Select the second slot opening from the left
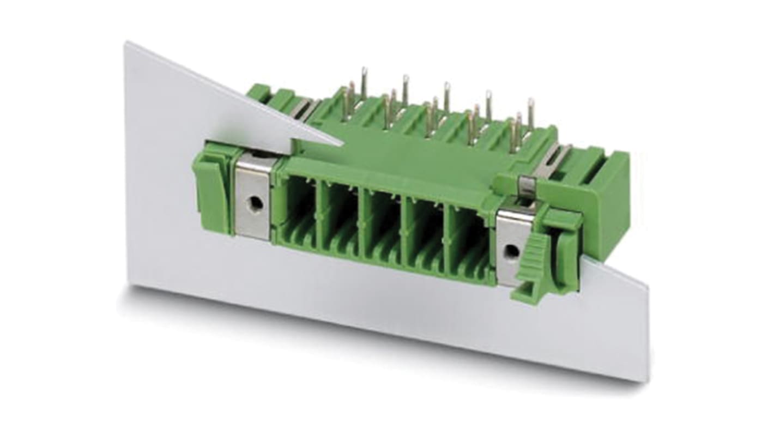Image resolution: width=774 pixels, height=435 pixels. pos(340,217)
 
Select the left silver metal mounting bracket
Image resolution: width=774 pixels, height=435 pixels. pos(253,196)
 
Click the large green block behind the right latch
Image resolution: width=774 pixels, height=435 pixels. pos(605,202)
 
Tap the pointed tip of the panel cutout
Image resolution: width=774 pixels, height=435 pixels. pos(342,144)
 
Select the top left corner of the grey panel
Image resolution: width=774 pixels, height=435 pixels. pos(126,43)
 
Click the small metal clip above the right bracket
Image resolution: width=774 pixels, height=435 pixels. pos(525,185)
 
